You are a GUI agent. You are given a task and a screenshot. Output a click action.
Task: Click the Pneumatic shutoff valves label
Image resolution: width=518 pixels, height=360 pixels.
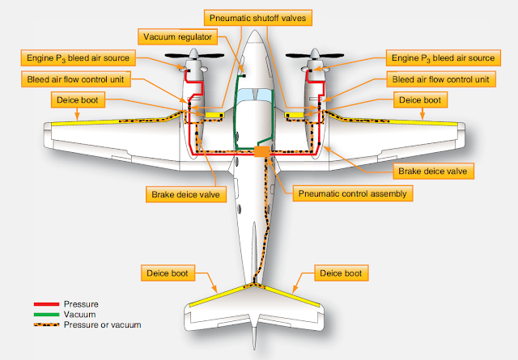(x=261, y=17)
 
